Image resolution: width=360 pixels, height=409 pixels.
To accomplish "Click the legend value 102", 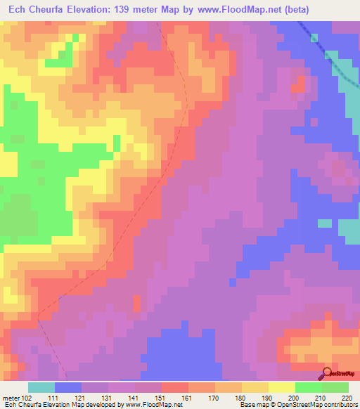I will pyautogui.click(x=27, y=398).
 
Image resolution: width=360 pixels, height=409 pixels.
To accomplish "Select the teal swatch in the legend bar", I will pyautogui.click(x=41, y=387).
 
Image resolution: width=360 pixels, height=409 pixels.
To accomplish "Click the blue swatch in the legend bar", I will pyautogui.click(x=68, y=387).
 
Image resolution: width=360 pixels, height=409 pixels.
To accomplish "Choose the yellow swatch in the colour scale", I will pyautogui.click(x=282, y=387).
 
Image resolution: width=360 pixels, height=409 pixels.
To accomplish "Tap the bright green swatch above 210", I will pyautogui.click(x=309, y=387).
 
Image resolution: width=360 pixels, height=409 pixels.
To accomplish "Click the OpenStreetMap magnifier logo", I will pyautogui.click(x=326, y=373).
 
